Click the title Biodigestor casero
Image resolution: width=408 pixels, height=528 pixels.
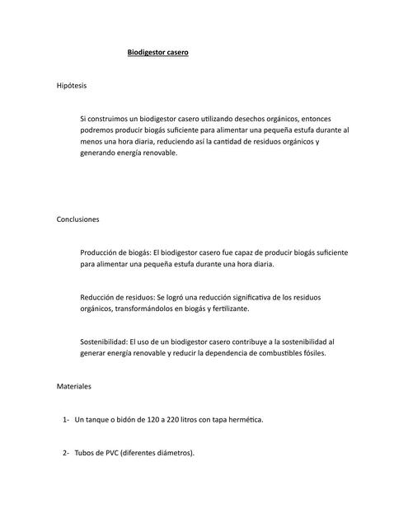tap(157, 53)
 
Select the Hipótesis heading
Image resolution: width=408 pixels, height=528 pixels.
tap(71, 86)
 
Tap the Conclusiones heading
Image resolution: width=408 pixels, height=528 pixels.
tap(77, 220)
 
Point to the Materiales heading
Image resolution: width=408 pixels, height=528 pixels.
tap(73, 386)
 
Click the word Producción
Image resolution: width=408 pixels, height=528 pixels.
tap(101, 253)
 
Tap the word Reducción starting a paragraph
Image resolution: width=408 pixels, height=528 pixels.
tap(100, 297)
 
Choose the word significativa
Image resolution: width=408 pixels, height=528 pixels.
tap(233, 297)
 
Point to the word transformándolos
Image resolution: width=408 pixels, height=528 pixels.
tap(152, 309)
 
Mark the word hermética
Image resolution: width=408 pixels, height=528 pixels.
tap(245, 420)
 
